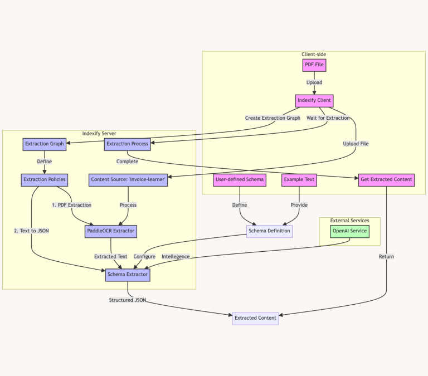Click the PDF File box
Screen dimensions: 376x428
314,65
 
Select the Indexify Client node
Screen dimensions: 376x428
314,101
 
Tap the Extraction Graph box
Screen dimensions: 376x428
45,144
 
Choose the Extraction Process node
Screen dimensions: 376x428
127,144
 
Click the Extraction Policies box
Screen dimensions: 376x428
45,180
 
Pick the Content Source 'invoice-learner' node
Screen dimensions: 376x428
128,180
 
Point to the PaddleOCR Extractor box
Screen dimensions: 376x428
111,231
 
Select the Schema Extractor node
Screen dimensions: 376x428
128,274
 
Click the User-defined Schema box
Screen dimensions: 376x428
240,180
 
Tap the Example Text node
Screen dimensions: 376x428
299,180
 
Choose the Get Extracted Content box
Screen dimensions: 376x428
387,179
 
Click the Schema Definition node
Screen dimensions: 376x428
269,231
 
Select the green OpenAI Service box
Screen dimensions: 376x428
349,231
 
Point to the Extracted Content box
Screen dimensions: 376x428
255,318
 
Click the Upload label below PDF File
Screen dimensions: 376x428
314,82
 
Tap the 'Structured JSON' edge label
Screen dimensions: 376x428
128,300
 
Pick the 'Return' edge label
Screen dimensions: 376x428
386,257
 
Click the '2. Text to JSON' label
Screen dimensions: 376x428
32,231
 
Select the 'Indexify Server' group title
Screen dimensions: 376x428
99,134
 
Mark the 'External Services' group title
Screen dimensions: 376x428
349,221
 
